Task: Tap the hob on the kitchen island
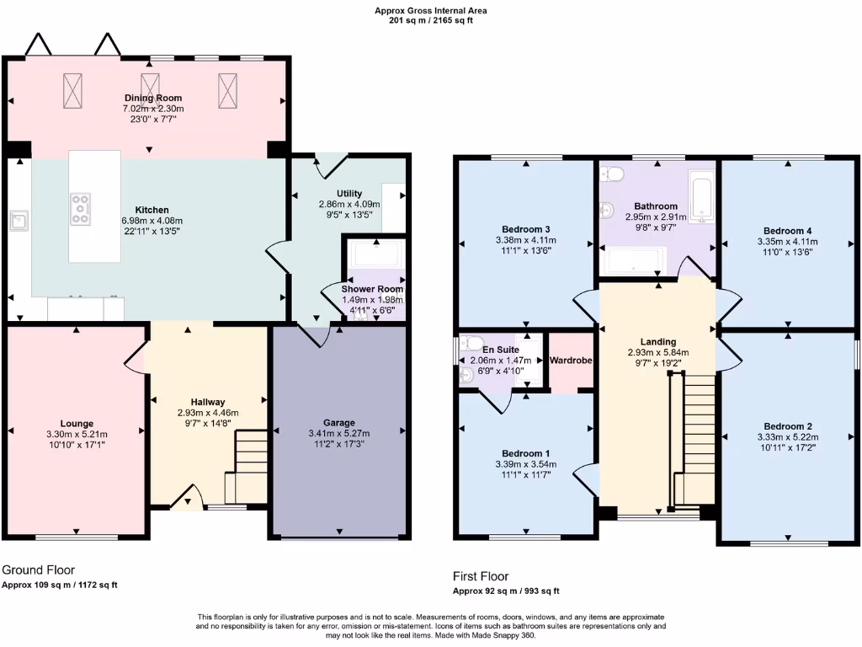(x=81, y=209)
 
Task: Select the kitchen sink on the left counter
(x=19, y=221)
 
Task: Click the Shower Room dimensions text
(x=371, y=301)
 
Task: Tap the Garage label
(x=339, y=423)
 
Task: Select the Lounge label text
(x=77, y=424)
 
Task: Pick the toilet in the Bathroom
(x=613, y=174)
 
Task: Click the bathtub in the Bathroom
(x=700, y=192)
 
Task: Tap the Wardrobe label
(x=571, y=361)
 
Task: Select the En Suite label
(x=500, y=349)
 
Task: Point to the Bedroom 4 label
(x=787, y=231)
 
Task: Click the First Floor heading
(x=481, y=577)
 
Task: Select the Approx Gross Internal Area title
(x=430, y=11)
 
